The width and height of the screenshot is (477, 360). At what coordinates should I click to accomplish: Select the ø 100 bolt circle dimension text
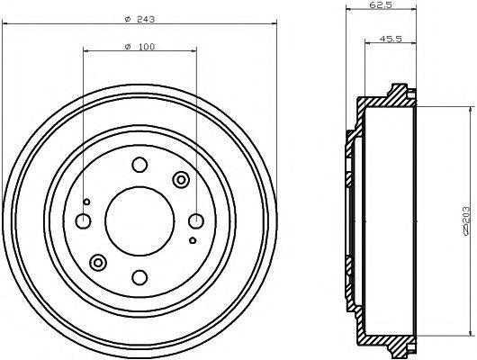tap(139, 46)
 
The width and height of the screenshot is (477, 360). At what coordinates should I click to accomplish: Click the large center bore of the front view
tap(139, 220)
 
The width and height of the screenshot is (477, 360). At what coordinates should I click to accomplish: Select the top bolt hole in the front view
tap(139, 165)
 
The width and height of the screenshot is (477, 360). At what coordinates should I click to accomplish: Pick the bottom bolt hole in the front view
tap(139, 277)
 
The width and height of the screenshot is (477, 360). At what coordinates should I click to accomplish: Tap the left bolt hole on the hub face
tap(83, 221)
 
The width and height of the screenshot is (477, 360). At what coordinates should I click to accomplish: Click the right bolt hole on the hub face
tap(195, 220)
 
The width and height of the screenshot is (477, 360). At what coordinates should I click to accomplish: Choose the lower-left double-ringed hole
tap(98, 262)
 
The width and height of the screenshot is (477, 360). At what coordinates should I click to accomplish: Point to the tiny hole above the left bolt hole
tap(86, 201)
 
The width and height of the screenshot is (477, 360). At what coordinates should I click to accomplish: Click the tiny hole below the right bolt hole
tap(193, 241)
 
